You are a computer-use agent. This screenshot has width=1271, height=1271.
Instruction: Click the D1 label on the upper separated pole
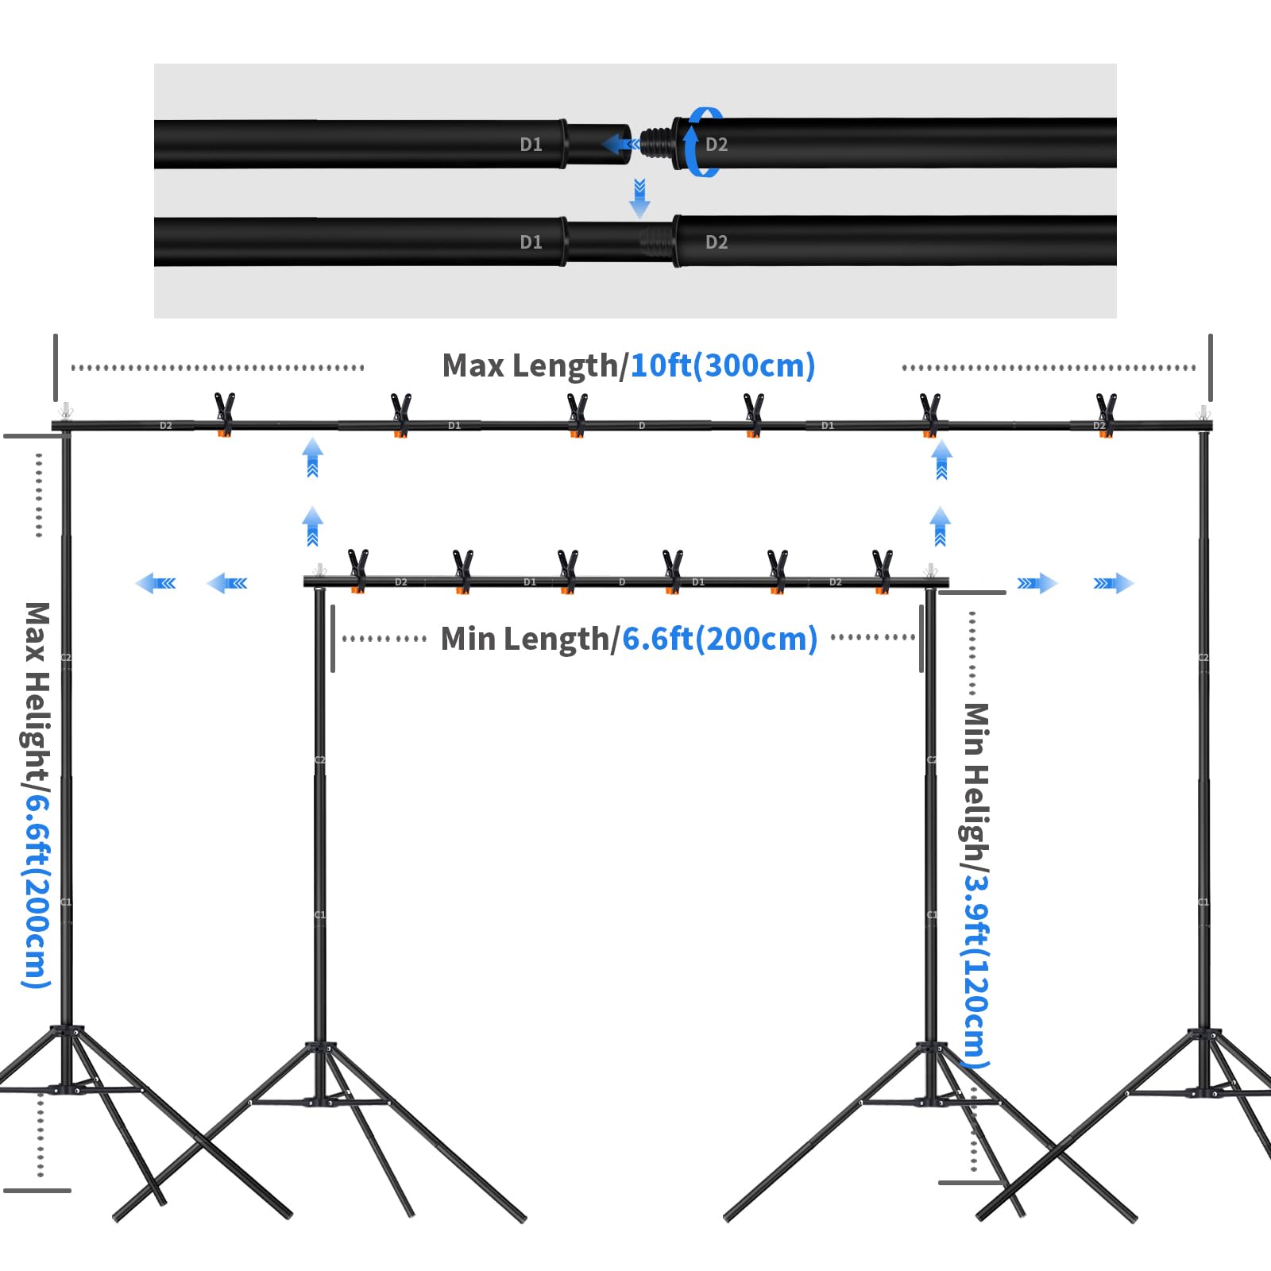(531, 145)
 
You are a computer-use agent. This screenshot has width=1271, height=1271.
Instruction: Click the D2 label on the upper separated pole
(717, 145)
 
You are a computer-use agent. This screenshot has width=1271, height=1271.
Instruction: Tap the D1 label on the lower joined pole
(531, 242)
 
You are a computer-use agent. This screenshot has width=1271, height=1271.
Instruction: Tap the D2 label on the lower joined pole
(717, 242)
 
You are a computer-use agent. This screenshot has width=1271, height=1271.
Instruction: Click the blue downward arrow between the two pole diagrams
(639, 199)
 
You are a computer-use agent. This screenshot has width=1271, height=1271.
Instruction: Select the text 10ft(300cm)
(722, 365)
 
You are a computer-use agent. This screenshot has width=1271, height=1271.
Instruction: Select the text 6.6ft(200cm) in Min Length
(719, 639)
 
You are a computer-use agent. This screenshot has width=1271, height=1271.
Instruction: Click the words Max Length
(529, 365)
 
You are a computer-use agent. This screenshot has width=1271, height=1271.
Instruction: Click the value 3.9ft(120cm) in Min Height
(977, 969)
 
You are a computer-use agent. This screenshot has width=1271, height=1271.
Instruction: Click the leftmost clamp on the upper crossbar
(225, 413)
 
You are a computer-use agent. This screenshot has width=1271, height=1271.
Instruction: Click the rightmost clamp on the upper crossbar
(1105, 413)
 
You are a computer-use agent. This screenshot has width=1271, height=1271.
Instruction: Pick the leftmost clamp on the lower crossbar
(358, 570)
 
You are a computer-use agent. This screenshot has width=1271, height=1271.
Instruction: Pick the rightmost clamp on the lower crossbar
(882, 570)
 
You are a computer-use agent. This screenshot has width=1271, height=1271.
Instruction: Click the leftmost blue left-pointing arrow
(156, 584)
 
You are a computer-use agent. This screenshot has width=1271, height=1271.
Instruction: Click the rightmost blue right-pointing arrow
(1114, 584)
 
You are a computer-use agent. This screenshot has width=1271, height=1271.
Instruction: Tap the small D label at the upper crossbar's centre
(642, 426)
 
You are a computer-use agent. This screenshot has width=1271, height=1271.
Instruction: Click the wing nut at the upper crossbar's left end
(66, 412)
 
